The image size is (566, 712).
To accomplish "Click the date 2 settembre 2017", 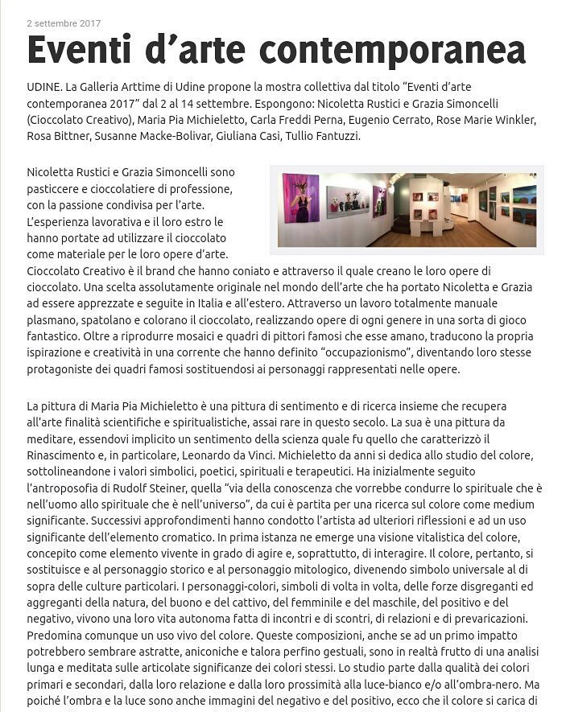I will pyautogui.click(x=64, y=23).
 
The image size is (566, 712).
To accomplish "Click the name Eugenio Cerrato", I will pyautogui.click(x=395, y=120).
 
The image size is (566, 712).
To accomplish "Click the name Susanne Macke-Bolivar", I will pyautogui.click(x=152, y=137).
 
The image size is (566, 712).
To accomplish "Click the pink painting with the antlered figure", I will pyautogui.click(x=300, y=199).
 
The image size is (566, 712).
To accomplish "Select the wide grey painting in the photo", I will pyautogui.click(x=348, y=201).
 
